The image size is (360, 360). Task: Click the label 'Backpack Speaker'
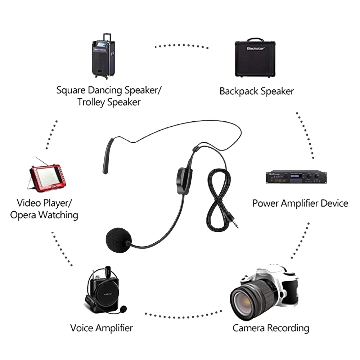click(x=257, y=91)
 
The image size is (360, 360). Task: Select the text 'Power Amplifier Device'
click(x=300, y=203)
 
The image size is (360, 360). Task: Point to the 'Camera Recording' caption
click(x=271, y=328)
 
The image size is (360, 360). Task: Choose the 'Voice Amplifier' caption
click(x=102, y=328)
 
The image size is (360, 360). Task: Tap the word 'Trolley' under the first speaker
click(x=91, y=102)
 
